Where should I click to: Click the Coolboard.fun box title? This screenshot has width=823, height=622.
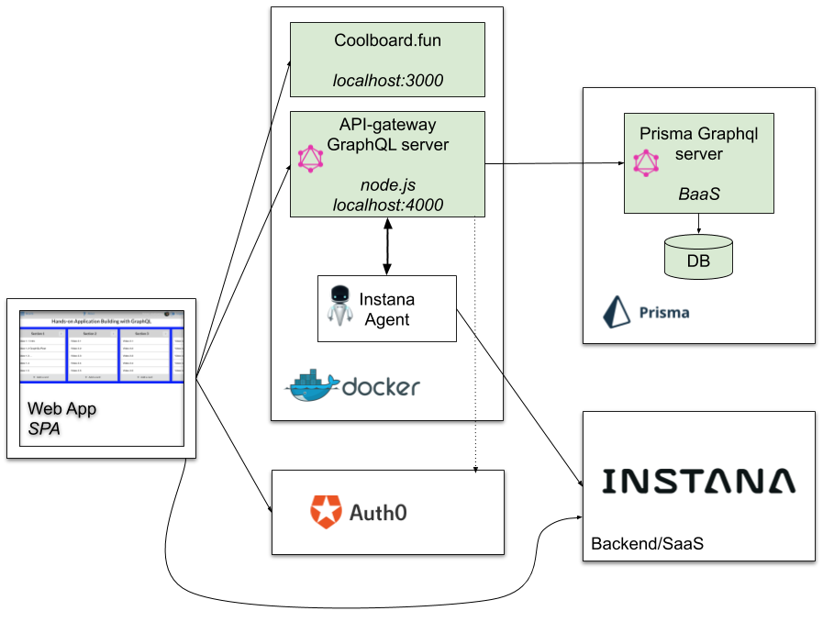[x=387, y=40]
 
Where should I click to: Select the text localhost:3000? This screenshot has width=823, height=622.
[x=387, y=81]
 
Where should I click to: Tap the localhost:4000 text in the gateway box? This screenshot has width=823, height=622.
[x=387, y=205]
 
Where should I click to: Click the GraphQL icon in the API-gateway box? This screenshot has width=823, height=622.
[x=311, y=159]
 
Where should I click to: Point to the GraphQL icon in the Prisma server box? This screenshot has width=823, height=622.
[x=646, y=163]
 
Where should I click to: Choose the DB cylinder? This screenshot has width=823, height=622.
[x=698, y=256]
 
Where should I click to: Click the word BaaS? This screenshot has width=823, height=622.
[x=698, y=194]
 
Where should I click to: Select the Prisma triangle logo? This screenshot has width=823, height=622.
[x=616, y=312]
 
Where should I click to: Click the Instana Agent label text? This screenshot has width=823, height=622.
[x=386, y=309]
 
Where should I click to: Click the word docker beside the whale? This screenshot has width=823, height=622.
[x=380, y=387]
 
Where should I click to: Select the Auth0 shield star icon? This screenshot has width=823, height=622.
[x=326, y=511]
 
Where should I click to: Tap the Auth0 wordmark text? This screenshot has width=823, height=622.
[x=378, y=512]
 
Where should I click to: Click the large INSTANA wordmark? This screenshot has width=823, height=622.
[x=698, y=482]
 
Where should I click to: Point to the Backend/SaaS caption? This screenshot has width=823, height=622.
[x=647, y=543]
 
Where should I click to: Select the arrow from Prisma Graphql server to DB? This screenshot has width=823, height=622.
[x=699, y=224]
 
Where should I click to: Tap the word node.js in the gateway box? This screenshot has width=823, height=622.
[x=387, y=185]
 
